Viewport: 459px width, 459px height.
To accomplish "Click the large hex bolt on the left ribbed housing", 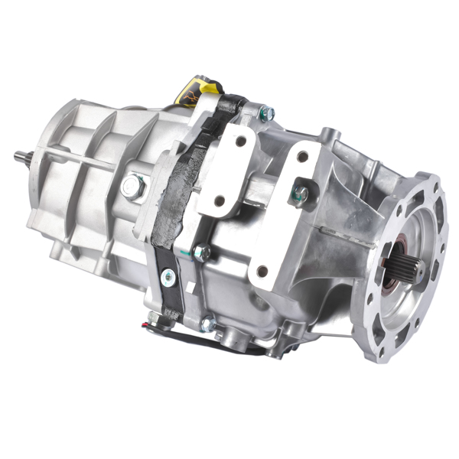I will click(x=133, y=186).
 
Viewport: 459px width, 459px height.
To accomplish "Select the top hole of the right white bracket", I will click(x=304, y=157).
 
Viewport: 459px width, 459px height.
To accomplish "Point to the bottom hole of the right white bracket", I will click(x=262, y=271).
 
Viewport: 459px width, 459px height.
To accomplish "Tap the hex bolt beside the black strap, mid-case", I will click(x=201, y=252).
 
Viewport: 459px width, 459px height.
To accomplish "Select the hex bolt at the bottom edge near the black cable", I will click(x=207, y=324).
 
